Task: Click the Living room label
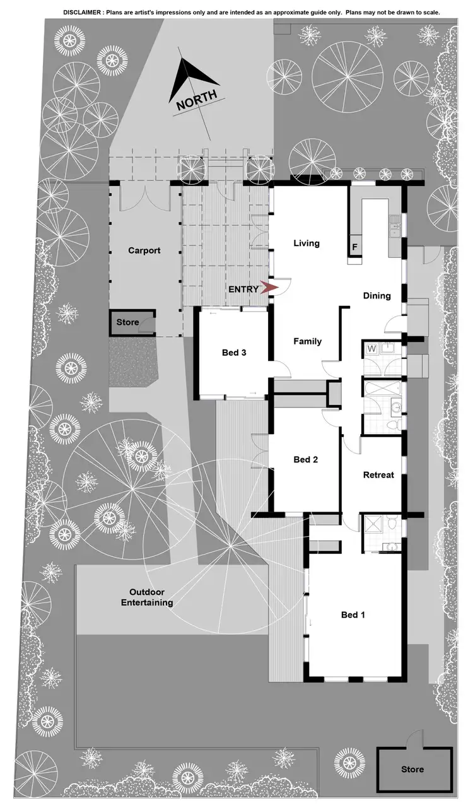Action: [x=307, y=244]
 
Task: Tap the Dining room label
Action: [x=377, y=295]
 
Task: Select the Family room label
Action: [x=307, y=341]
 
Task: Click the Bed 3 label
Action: [x=234, y=353]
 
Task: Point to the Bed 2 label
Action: [x=306, y=460]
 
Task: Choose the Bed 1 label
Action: [x=353, y=615]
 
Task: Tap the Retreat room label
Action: [x=378, y=475]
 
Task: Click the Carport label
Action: [x=144, y=250]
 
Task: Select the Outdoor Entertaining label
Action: [x=151, y=597]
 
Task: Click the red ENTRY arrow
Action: [x=269, y=288]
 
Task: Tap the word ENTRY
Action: [x=243, y=289]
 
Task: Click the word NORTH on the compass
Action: [x=196, y=100]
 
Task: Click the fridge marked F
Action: [x=354, y=247]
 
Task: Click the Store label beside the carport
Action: [x=127, y=322]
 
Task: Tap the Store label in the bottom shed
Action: [x=412, y=770]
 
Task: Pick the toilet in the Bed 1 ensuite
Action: [x=392, y=523]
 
